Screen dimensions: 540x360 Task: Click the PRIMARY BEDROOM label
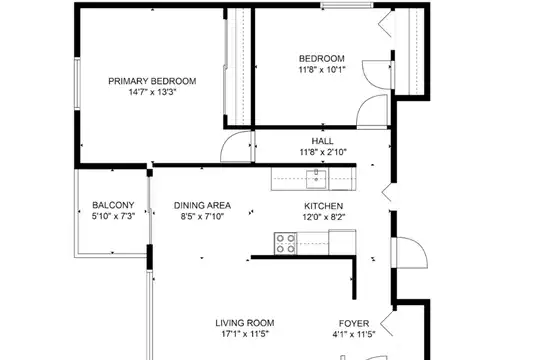click(152, 81)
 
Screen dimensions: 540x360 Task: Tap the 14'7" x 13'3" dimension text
click(153, 92)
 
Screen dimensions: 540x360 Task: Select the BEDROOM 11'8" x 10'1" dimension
click(322, 70)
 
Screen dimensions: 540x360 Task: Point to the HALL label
click(322, 141)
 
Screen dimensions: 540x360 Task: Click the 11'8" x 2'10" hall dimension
click(323, 152)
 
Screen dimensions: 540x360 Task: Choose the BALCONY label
click(113, 205)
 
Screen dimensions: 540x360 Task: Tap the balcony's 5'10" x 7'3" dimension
click(113, 216)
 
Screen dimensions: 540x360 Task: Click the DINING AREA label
click(202, 206)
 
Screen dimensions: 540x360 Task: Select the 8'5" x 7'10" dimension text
click(202, 217)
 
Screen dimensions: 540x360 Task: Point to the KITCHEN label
click(323, 206)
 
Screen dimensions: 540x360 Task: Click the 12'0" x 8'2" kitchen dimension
click(324, 217)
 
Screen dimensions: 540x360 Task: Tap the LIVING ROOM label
click(245, 323)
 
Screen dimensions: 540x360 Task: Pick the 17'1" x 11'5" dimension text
click(245, 334)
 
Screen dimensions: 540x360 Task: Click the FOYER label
click(354, 323)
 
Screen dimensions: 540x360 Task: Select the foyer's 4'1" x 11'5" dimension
click(354, 335)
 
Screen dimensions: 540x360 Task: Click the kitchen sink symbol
click(316, 179)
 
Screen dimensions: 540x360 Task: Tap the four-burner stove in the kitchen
click(285, 244)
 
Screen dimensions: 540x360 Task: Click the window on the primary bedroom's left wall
click(77, 84)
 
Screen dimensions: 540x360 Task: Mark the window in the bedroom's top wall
click(347, 5)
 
